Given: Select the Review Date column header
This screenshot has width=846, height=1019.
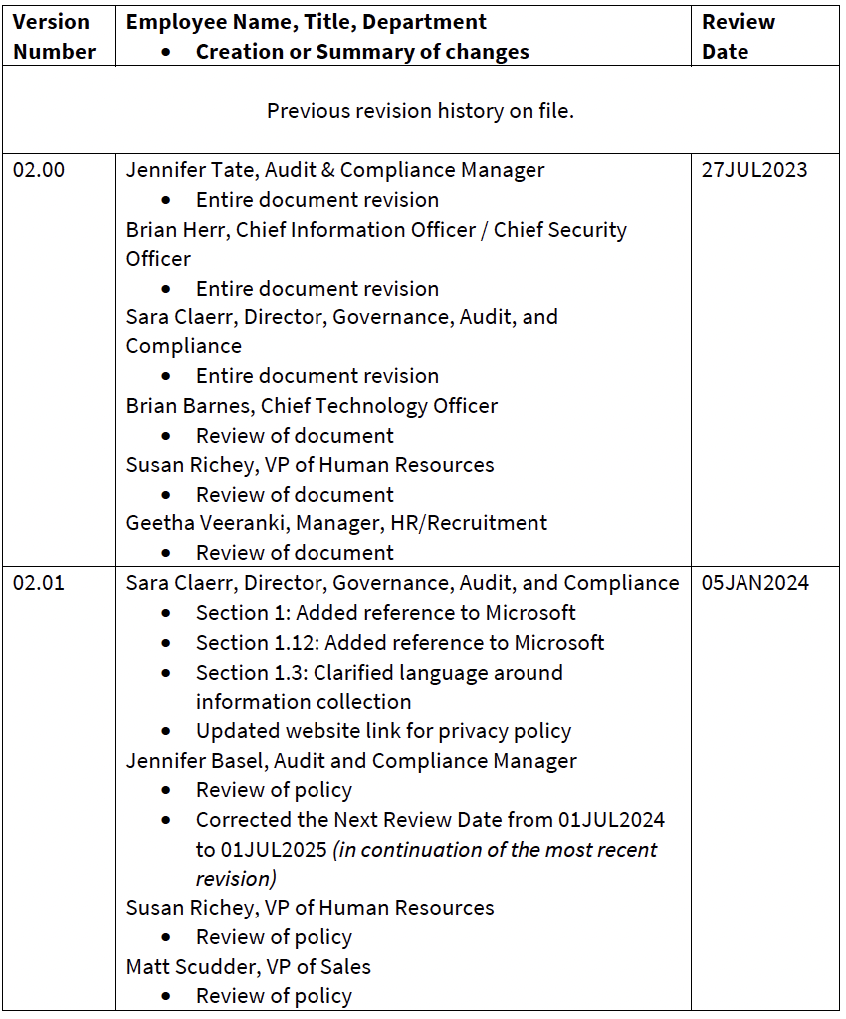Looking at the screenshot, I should coord(739,37).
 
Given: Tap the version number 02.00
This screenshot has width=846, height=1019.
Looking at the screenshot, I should coord(38,170).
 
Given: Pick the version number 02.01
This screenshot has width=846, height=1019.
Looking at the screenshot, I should coord(38,583).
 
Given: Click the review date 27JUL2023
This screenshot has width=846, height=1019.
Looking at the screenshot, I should coord(753,170).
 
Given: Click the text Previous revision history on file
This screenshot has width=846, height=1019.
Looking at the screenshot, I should coord(420,111).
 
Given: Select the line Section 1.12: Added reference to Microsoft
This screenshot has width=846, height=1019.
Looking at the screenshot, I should coord(400,643).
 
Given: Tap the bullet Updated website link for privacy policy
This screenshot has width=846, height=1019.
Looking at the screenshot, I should coord(383,731).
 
